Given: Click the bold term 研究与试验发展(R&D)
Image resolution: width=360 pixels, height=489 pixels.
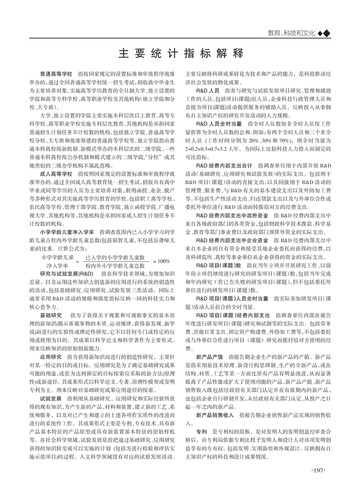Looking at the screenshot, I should pos(66,274).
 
